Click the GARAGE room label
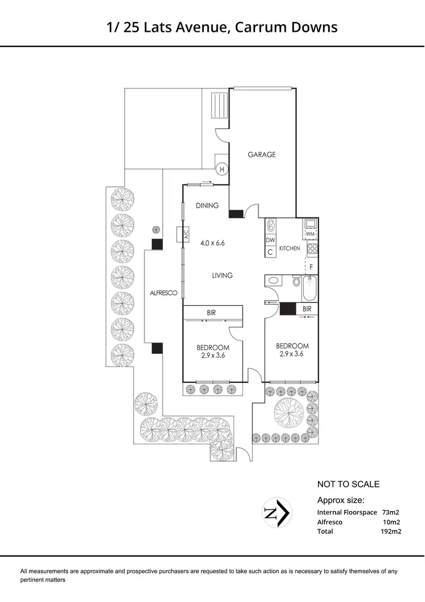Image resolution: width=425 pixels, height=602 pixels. click(x=261, y=154)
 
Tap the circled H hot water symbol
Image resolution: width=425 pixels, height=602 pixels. click(x=222, y=169)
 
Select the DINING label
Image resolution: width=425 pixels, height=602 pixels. click(x=207, y=205)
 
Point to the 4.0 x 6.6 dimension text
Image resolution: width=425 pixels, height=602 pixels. click(x=212, y=243)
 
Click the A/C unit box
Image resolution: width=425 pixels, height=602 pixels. click(x=182, y=235)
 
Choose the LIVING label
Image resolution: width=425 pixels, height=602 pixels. click(x=222, y=275)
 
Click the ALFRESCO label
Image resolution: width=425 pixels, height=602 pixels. click(x=164, y=293)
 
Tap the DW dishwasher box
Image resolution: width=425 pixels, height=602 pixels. click(x=270, y=241)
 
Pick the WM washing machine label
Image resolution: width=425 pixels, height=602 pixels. click(x=310, y=234)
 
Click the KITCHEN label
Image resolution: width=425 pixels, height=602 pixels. click(x=289, y=249)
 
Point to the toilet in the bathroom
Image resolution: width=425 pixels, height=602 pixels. click(x=296, y=281)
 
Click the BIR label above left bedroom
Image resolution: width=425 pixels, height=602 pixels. click(x=212, y=313)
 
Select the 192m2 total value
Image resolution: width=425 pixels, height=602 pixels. click(x=391, y=532)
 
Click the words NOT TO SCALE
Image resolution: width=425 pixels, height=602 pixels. click(x=348, y=484)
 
